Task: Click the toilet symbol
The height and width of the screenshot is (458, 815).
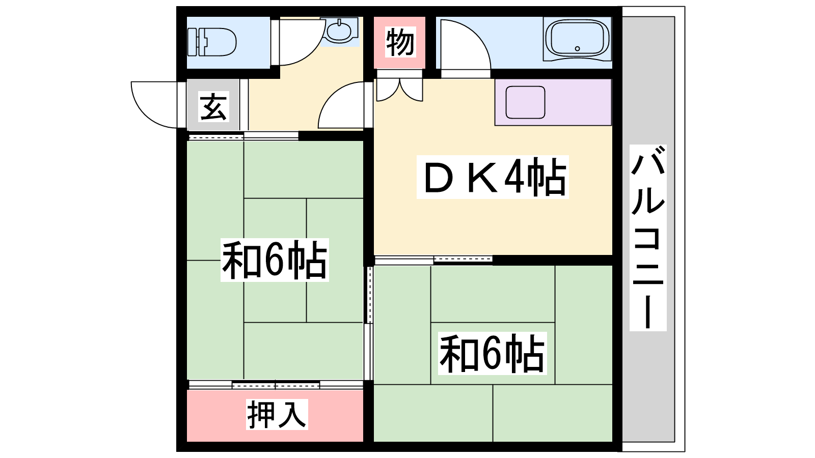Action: tap(212, 42)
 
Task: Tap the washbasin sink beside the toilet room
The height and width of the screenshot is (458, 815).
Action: tap(340, 31)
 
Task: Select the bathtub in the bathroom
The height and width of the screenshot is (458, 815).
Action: tap(577, 39)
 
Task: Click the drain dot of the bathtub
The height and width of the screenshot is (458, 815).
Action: tap(578, 48)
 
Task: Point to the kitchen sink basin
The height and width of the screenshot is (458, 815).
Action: tap(525, 102)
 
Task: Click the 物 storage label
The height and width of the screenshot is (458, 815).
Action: tap(400, 42)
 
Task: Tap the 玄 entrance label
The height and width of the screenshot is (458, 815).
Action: tap(213, 106)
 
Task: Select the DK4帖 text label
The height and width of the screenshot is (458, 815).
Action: tap(493, 177)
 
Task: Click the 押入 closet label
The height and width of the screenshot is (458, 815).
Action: tap(277, 414)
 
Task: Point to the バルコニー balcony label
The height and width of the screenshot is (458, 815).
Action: tap(648, 238)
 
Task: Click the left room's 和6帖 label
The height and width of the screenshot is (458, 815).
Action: tap(275, 260)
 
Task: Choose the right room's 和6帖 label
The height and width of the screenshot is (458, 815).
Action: tap(492, 353)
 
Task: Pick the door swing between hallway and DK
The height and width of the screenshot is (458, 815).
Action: tap(333, 99)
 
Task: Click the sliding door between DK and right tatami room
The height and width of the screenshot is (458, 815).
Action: tap(433, 260)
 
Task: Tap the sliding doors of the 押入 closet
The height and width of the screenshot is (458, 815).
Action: tap(276, 385)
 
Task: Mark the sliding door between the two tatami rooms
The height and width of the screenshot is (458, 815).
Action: tap(369, 323)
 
